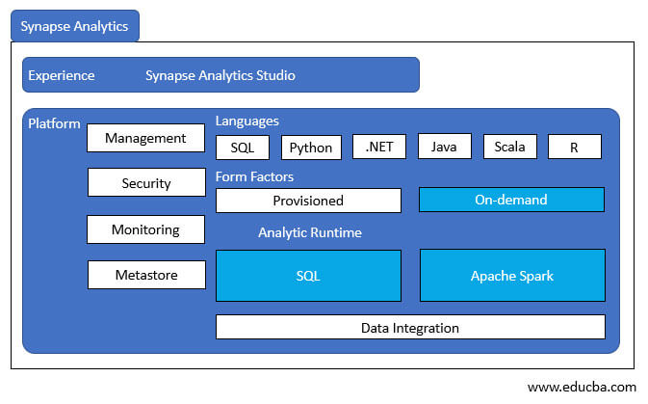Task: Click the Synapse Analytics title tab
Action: click(x=74, y=26)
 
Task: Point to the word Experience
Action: click(x=62, y=75)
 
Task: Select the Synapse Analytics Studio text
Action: click(x=220, y=75)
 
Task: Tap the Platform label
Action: click(x=54, y=123)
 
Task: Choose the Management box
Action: click(x=145, y=138)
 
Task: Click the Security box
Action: click(x=145, y=183)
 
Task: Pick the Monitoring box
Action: click(x=145, y=229)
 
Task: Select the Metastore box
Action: click(x=146, y=275)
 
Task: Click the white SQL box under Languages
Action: click(x=243, y=148)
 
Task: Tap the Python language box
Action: click(x=311, y=148)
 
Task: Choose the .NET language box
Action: click(x=379, y=147)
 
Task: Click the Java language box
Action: click(x=444, y=147)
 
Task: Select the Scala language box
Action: click(x=509, y=147)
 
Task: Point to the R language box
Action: click(x=575, y=147)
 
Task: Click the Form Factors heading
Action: click(x=255, y=176)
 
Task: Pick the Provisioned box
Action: click(x=308, y=201)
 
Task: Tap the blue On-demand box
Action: click(x=511, y=200)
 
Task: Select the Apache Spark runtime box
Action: click(x=512, y=276)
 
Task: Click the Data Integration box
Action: click(x=410, y=328)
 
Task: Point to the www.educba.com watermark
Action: click(x=582, y=387)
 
